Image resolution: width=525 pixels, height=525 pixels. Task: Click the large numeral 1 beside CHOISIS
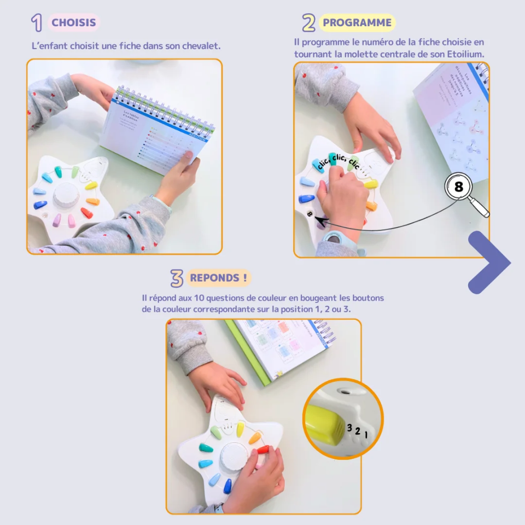point(37,23)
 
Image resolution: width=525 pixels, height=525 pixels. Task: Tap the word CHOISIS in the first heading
point(74,23)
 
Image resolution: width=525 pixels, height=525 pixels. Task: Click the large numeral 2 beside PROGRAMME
point(308,23)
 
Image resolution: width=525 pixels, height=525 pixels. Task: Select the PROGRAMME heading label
point(357,23)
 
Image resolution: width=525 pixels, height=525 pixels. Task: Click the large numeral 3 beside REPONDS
point(176,278)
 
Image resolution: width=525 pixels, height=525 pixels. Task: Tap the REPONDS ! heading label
point(218,278)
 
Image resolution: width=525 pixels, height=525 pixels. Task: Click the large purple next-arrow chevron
point(488,262)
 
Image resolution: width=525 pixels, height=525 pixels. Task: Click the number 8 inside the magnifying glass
point(458,186)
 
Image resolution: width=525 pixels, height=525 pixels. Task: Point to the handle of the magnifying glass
point(481,209)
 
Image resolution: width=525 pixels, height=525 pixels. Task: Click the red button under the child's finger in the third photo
point(264,450)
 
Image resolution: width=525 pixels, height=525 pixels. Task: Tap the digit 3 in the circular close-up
point(349,428)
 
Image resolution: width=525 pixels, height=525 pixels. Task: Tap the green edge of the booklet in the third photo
point(249,353)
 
